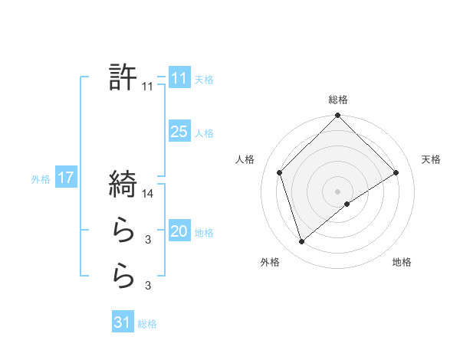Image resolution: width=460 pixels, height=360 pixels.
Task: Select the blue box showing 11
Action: (179, 78)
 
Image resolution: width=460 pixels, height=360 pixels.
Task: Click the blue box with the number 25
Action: (179, 132)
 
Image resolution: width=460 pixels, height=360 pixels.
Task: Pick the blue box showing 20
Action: (179, 231)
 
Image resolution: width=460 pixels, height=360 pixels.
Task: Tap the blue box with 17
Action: (65, 178)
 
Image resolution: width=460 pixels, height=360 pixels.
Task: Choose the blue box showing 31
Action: (122, 322)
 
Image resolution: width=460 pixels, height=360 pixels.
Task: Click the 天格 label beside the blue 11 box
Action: (204, 80)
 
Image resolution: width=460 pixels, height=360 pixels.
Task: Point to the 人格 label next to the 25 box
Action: (204, 133)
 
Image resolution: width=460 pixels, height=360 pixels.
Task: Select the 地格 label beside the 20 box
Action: (204, 233)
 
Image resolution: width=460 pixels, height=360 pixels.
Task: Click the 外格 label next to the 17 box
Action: (41, 179)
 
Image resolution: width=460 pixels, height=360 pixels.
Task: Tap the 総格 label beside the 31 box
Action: (147, 324)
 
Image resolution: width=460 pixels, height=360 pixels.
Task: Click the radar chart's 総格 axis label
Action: (338, 100)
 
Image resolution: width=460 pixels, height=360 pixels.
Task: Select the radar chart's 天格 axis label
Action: (431, 159)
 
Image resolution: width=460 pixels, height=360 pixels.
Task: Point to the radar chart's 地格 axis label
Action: (402, 262)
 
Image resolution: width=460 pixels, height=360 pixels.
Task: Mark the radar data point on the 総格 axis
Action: (338, 116)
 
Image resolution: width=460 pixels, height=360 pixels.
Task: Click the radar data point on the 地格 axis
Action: (347, 204)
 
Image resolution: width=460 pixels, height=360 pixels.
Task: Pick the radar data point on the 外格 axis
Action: (302, 242)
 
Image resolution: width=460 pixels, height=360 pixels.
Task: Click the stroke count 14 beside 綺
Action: (148, 195)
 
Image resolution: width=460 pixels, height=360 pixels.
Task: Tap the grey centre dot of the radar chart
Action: (338, 191)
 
